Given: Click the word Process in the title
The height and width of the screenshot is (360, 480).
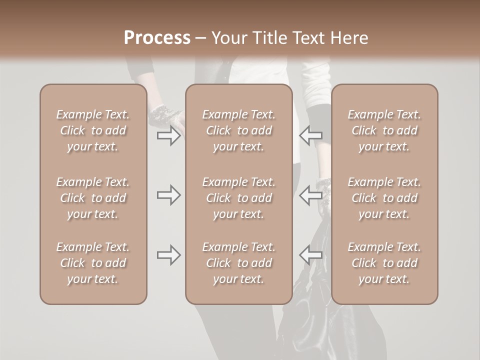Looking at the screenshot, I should click(x=157, y=38).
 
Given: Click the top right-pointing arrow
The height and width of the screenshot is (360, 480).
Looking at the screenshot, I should click(x=168, y=136).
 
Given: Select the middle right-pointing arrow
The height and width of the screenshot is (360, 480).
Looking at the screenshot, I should click(x=168, y=195).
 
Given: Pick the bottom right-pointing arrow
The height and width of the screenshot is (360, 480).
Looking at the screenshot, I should click(x=168, y=255).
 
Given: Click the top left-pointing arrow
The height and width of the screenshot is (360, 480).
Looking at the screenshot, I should click(x=310, y=136).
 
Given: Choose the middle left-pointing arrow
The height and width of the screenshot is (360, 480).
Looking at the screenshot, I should click(x=310, y=195).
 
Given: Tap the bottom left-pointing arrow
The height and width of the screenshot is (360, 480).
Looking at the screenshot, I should click(x=310, y=255).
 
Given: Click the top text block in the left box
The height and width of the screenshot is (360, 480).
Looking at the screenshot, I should click(x=93, y=130).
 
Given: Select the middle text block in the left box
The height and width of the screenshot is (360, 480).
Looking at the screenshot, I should click(x=93, y=198).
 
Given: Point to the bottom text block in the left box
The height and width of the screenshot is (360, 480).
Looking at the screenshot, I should click(x=93, y=263).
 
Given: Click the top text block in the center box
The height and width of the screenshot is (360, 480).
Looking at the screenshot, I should click(x=238, y=130).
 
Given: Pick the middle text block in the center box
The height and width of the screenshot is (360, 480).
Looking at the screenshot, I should click(x=238, y=198).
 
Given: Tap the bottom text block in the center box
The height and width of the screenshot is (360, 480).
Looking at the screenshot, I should click(x=238, y=263).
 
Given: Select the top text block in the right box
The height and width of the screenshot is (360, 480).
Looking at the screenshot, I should click(x=384, y=130).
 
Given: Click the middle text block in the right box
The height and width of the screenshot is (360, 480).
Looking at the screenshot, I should click(x=384, y=198).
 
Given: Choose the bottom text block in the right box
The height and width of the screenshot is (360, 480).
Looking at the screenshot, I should click(x=384, y=263).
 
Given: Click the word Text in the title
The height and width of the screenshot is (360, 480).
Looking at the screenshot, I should click(x=309, y=38).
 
